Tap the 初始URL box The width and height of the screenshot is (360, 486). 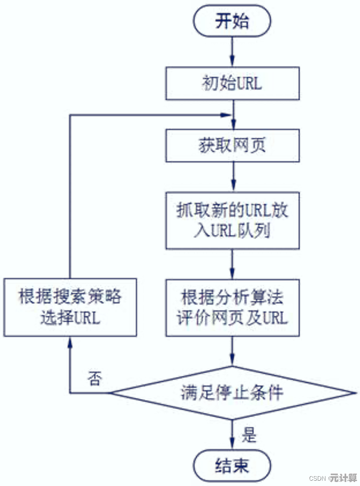(x=232, y=84)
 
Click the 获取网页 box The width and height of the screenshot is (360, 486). (x=232, y=146)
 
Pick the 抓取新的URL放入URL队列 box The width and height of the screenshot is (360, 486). (x=232, y=220)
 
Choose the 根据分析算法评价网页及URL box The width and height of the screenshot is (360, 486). (x=232, y=307)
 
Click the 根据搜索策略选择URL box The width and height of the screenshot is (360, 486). (x=70, y=307)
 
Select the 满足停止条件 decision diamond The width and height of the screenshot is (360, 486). (x=232, y=393)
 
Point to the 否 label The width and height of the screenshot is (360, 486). (x=94, y=378)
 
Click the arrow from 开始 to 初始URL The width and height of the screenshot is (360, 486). (x=232, y=52)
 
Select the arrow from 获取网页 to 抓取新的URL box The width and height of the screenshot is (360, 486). (x=232, y=176)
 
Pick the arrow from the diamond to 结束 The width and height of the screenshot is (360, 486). (x=232, y=434)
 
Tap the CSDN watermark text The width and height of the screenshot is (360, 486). (x=317, y=478)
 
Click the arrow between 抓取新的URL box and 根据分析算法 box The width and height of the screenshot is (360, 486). (x=232, y=263)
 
